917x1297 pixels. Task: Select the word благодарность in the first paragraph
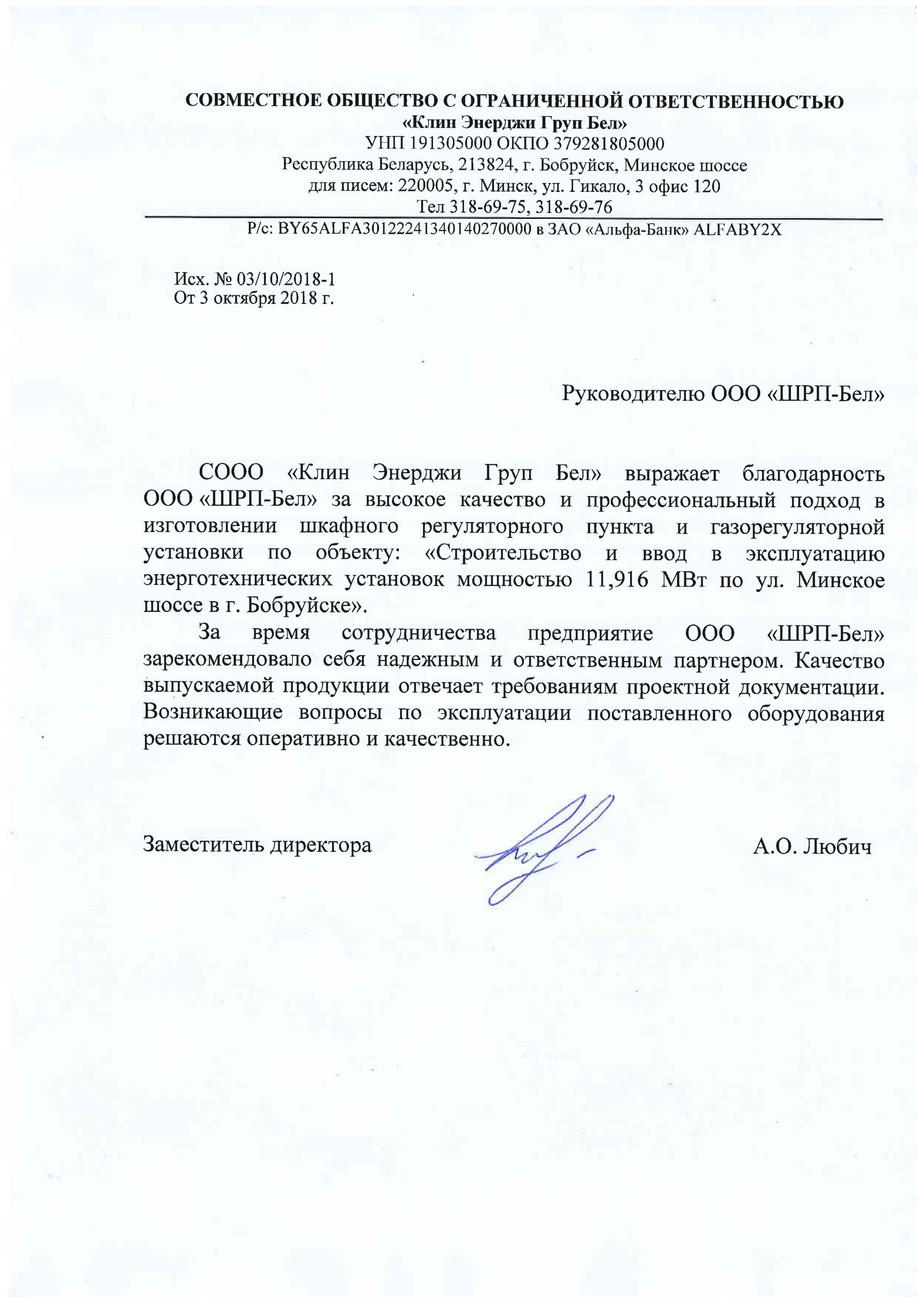coord(813,473)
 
